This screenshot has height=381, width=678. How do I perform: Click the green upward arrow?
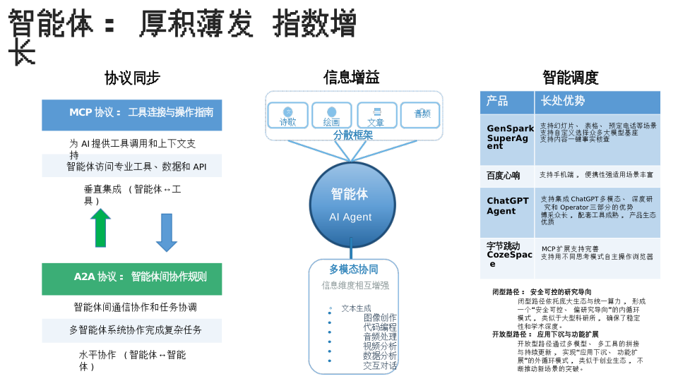100,228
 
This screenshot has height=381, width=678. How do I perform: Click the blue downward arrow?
167,232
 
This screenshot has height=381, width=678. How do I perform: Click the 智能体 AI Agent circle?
351,204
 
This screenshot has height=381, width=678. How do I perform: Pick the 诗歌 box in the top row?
287,115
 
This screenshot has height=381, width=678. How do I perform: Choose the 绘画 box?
331,115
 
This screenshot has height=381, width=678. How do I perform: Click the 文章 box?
376,115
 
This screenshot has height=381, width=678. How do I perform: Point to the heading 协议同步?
132,78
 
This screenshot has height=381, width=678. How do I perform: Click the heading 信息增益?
351,78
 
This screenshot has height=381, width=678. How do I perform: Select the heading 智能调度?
570,78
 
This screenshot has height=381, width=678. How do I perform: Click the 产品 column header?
506,102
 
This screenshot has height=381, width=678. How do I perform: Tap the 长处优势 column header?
597,102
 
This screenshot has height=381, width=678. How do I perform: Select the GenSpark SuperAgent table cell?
508,138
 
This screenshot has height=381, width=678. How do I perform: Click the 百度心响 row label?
504,176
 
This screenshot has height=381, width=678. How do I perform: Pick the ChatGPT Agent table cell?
507,206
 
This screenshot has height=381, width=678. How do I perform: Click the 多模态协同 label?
353,269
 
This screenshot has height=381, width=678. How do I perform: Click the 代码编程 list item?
380,327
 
